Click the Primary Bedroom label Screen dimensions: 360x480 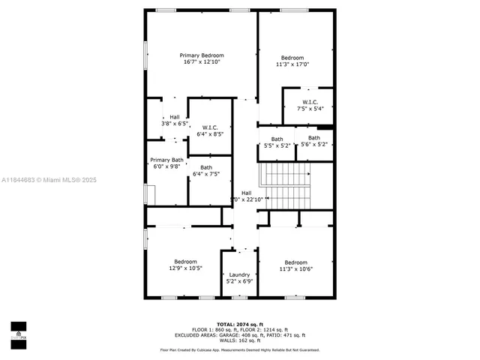pyautogui.click(x=202, y=55)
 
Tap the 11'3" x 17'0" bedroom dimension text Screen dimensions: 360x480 pyautogui.click(x=292, y=64)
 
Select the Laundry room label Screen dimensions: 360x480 pyautogui.click(x=239, y=274)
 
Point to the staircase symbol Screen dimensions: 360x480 pyautogui.click(x=284, y=187)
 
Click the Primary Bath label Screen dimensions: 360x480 pyautogui.click(x=166, y=160)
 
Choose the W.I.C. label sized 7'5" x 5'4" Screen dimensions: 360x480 pyautogui.click(x=310, y=102)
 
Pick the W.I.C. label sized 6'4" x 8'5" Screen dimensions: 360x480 pyautogui.click(x=210, y=127)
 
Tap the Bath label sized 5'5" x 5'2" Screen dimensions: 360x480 pyautogui.click(x=277, y=139)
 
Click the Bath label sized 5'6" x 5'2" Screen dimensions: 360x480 pyautogui.click(x=313, y=138)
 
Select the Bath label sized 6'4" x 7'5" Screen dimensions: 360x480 pyautogui.click(x=205, y=167)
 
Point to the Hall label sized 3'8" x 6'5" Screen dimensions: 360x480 pyautogui.click(x=174, y=117)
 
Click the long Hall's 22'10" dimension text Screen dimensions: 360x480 pyautogui.click(x=247, y=199)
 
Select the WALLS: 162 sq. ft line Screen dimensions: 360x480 pyautogui.click(x=239, y=340)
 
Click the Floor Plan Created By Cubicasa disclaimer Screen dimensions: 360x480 pyautogui.click(x=240, y=349)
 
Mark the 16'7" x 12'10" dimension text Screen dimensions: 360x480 pyautogui.click(x=202, y=62)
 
